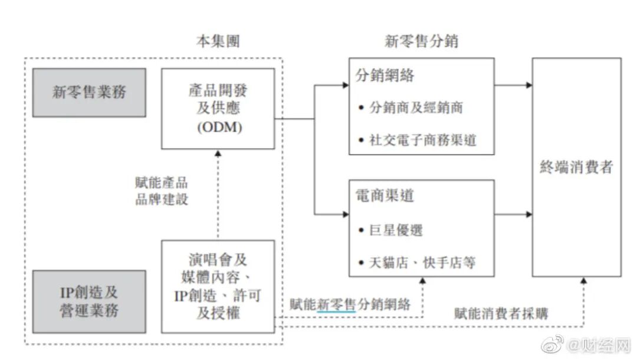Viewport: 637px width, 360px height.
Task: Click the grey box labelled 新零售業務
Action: point(89,93)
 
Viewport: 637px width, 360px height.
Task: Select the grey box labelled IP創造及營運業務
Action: point(89,301)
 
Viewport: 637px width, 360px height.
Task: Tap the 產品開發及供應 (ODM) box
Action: point(218,109)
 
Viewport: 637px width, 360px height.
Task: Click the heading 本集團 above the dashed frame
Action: point(218,41)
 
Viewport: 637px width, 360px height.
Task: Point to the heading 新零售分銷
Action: point(421,41)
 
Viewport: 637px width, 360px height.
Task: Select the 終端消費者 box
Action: point(576,168)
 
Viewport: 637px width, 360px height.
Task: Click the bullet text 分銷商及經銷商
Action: point(415,108)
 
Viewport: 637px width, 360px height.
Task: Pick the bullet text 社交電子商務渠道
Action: point(422,140)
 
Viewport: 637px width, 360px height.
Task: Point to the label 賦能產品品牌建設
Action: point(162,191)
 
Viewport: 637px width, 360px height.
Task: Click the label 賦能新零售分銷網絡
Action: point(350,305)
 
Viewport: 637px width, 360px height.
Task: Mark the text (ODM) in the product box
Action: point(218,127)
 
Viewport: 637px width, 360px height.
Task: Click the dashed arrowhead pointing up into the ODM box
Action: point(218,152)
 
